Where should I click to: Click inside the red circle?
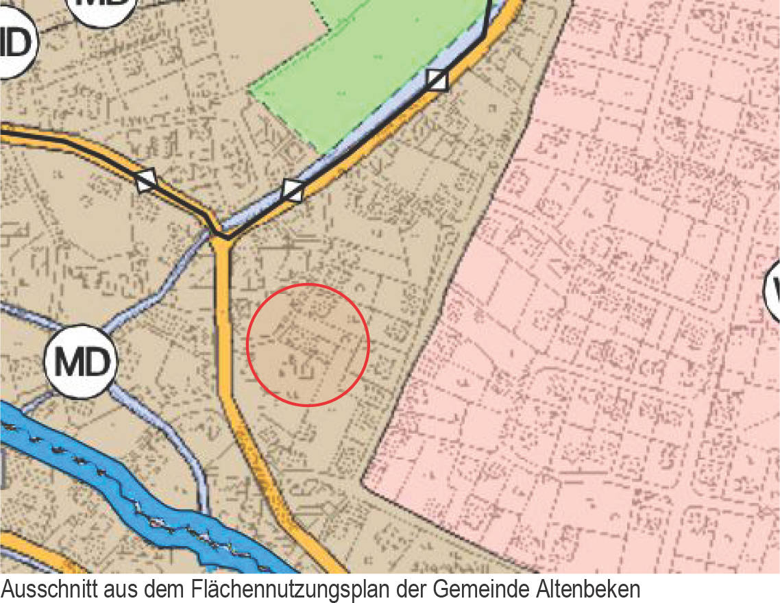[x=308, y=344]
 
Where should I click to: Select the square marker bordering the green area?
[x=437, y=80]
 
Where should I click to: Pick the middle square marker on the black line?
[x=293, y=190]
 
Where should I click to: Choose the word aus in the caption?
[x=121, y=589]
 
